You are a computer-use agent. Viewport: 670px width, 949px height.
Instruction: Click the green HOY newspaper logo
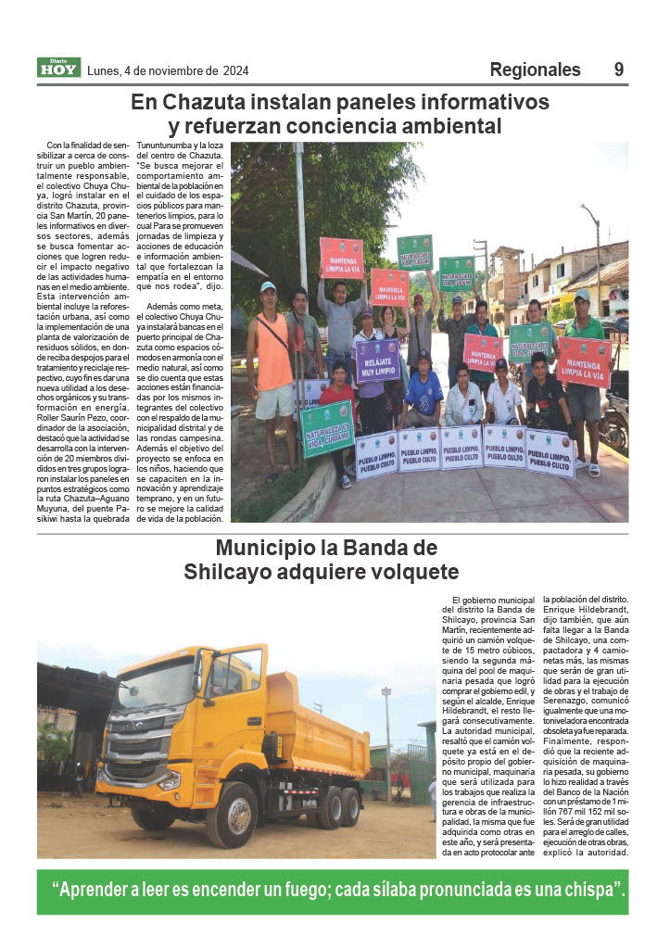pyautogui.click(x=58, y=68)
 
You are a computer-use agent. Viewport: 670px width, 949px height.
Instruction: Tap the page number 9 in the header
pyautogui.click(x=618, y=70)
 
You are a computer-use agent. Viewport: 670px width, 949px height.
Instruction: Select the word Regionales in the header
pyautogui.click(x=535, y=70)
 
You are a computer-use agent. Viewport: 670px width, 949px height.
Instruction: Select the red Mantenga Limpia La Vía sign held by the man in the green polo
pyautogui.click(x=584, y=361)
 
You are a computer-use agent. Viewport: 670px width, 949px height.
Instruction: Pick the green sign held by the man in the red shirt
pyautogui.click(x=326, y=428)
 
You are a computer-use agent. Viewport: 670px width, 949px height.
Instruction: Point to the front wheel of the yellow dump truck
pyautogui.click(x=233, y=816)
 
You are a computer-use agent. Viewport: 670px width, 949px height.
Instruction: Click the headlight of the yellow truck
pyautogui.click(x=170, y=780)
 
